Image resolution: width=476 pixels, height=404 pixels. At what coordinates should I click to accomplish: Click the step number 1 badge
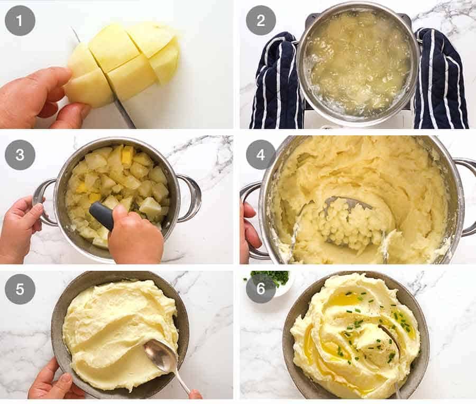tap(20, 20)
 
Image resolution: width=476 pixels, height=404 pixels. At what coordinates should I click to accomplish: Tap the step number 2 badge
tap(261, 20)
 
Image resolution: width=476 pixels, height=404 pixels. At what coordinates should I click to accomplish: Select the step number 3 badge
tap(20, 154)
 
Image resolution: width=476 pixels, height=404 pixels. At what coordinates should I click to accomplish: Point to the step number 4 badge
tap(261, 154)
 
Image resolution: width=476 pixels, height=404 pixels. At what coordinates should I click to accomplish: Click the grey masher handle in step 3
tap(102, 215)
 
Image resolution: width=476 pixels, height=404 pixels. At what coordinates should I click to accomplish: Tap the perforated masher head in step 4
tap(349, 222)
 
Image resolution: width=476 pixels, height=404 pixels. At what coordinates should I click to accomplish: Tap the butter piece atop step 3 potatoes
tap(127, 154)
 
